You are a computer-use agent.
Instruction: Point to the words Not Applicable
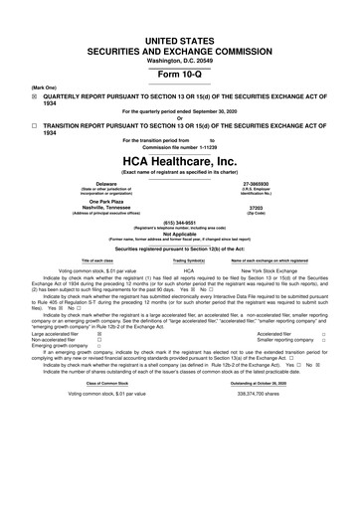(179, 234)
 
